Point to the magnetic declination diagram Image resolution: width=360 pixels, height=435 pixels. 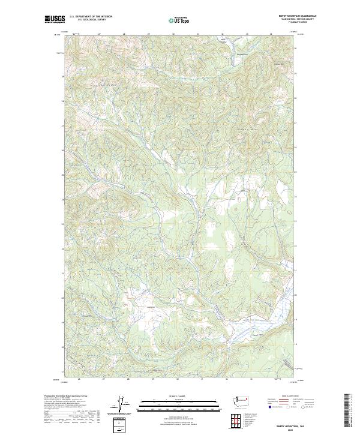(125, 405)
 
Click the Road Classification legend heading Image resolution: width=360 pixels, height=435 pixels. (290, 396)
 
